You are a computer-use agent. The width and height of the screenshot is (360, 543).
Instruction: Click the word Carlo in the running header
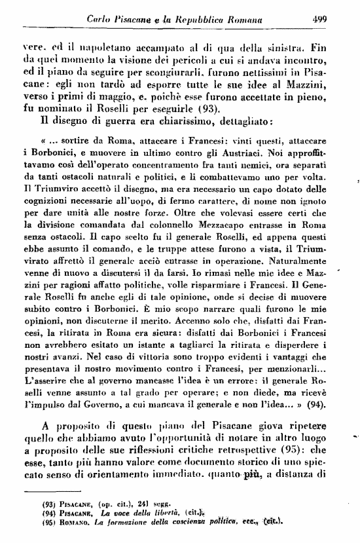(100, 20)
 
